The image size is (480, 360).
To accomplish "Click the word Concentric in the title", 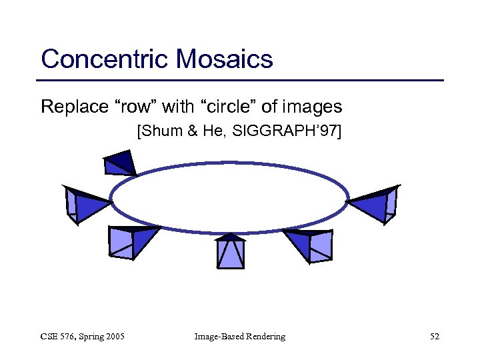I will pyautogui.click(x=105, y=59).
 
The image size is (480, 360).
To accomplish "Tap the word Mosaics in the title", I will pyautogui.click(x=225, y=59).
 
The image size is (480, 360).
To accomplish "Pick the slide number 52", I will pyautogui.click(x=434, y=337).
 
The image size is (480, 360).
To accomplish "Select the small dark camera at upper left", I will pyautogui.click(x=120, y=162).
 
